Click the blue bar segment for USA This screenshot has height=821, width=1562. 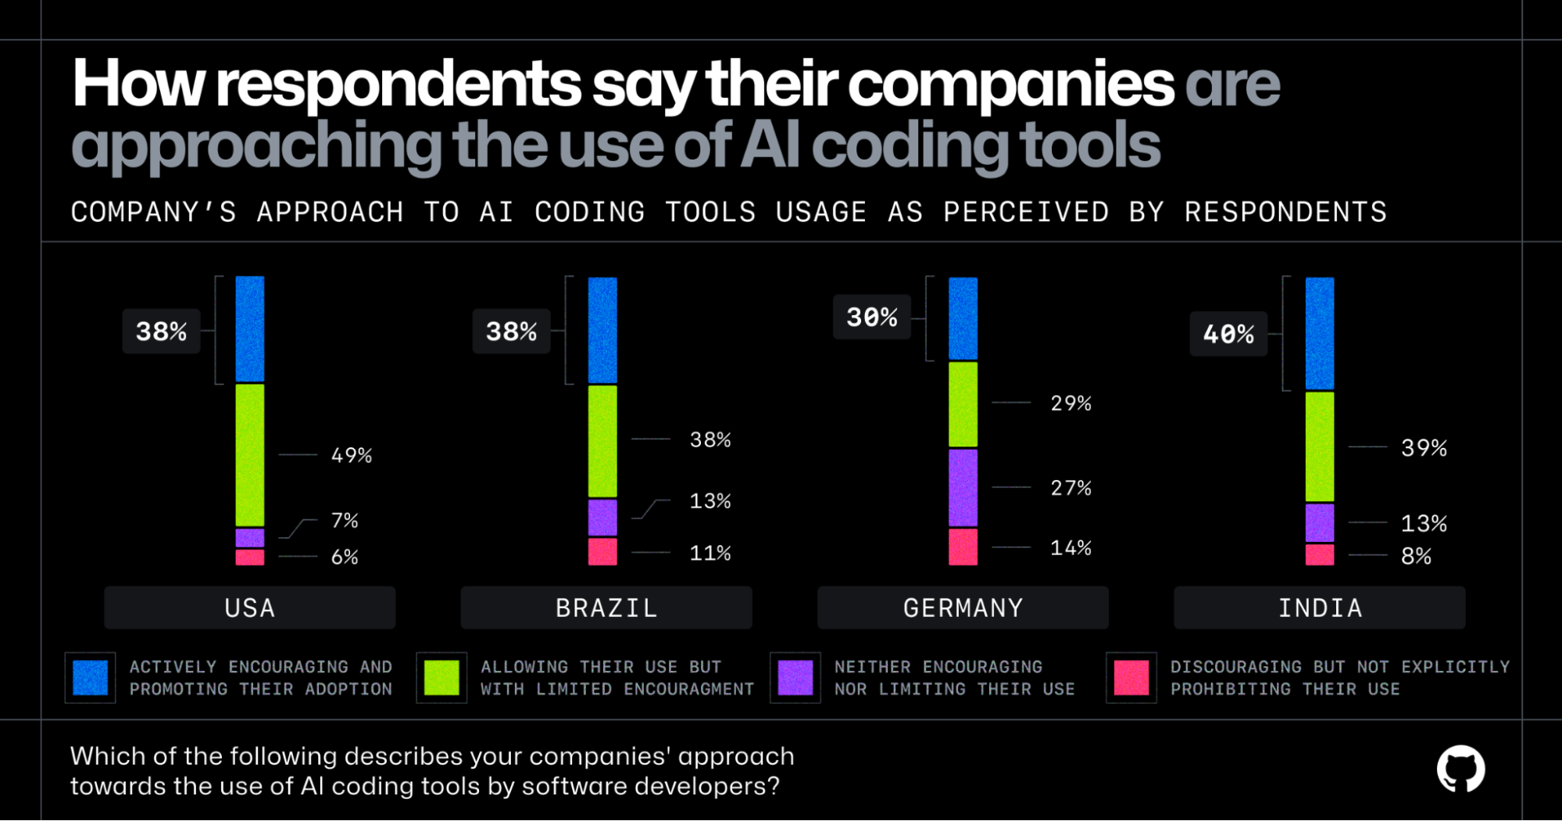(250, 329)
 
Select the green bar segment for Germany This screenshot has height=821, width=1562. (963, 403)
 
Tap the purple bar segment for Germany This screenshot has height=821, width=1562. (963, 487)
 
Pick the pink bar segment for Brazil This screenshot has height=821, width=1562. (602, 551)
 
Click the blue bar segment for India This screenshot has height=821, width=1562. (1320, 333)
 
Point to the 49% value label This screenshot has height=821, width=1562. (352, 455)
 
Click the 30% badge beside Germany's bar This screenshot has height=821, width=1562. (871, 317)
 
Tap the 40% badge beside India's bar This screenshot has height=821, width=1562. (1228, 334)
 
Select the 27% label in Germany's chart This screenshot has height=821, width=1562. (1071, 488)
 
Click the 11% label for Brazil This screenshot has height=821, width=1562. (710, 553)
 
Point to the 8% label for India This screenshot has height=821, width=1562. (1416, 556)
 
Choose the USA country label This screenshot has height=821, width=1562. (250, 608)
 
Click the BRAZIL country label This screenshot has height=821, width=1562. (606, 608)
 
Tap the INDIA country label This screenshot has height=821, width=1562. (1320, 608)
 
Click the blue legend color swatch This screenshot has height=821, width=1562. (91, 677)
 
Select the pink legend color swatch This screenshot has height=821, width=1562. (1131, 677)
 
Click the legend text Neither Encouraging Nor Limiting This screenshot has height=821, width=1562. (953, 678)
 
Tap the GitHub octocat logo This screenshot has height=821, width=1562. (1460, 769)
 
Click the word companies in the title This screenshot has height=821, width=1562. (1010, 84)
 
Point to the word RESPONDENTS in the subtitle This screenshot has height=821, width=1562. (1285, 212)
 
